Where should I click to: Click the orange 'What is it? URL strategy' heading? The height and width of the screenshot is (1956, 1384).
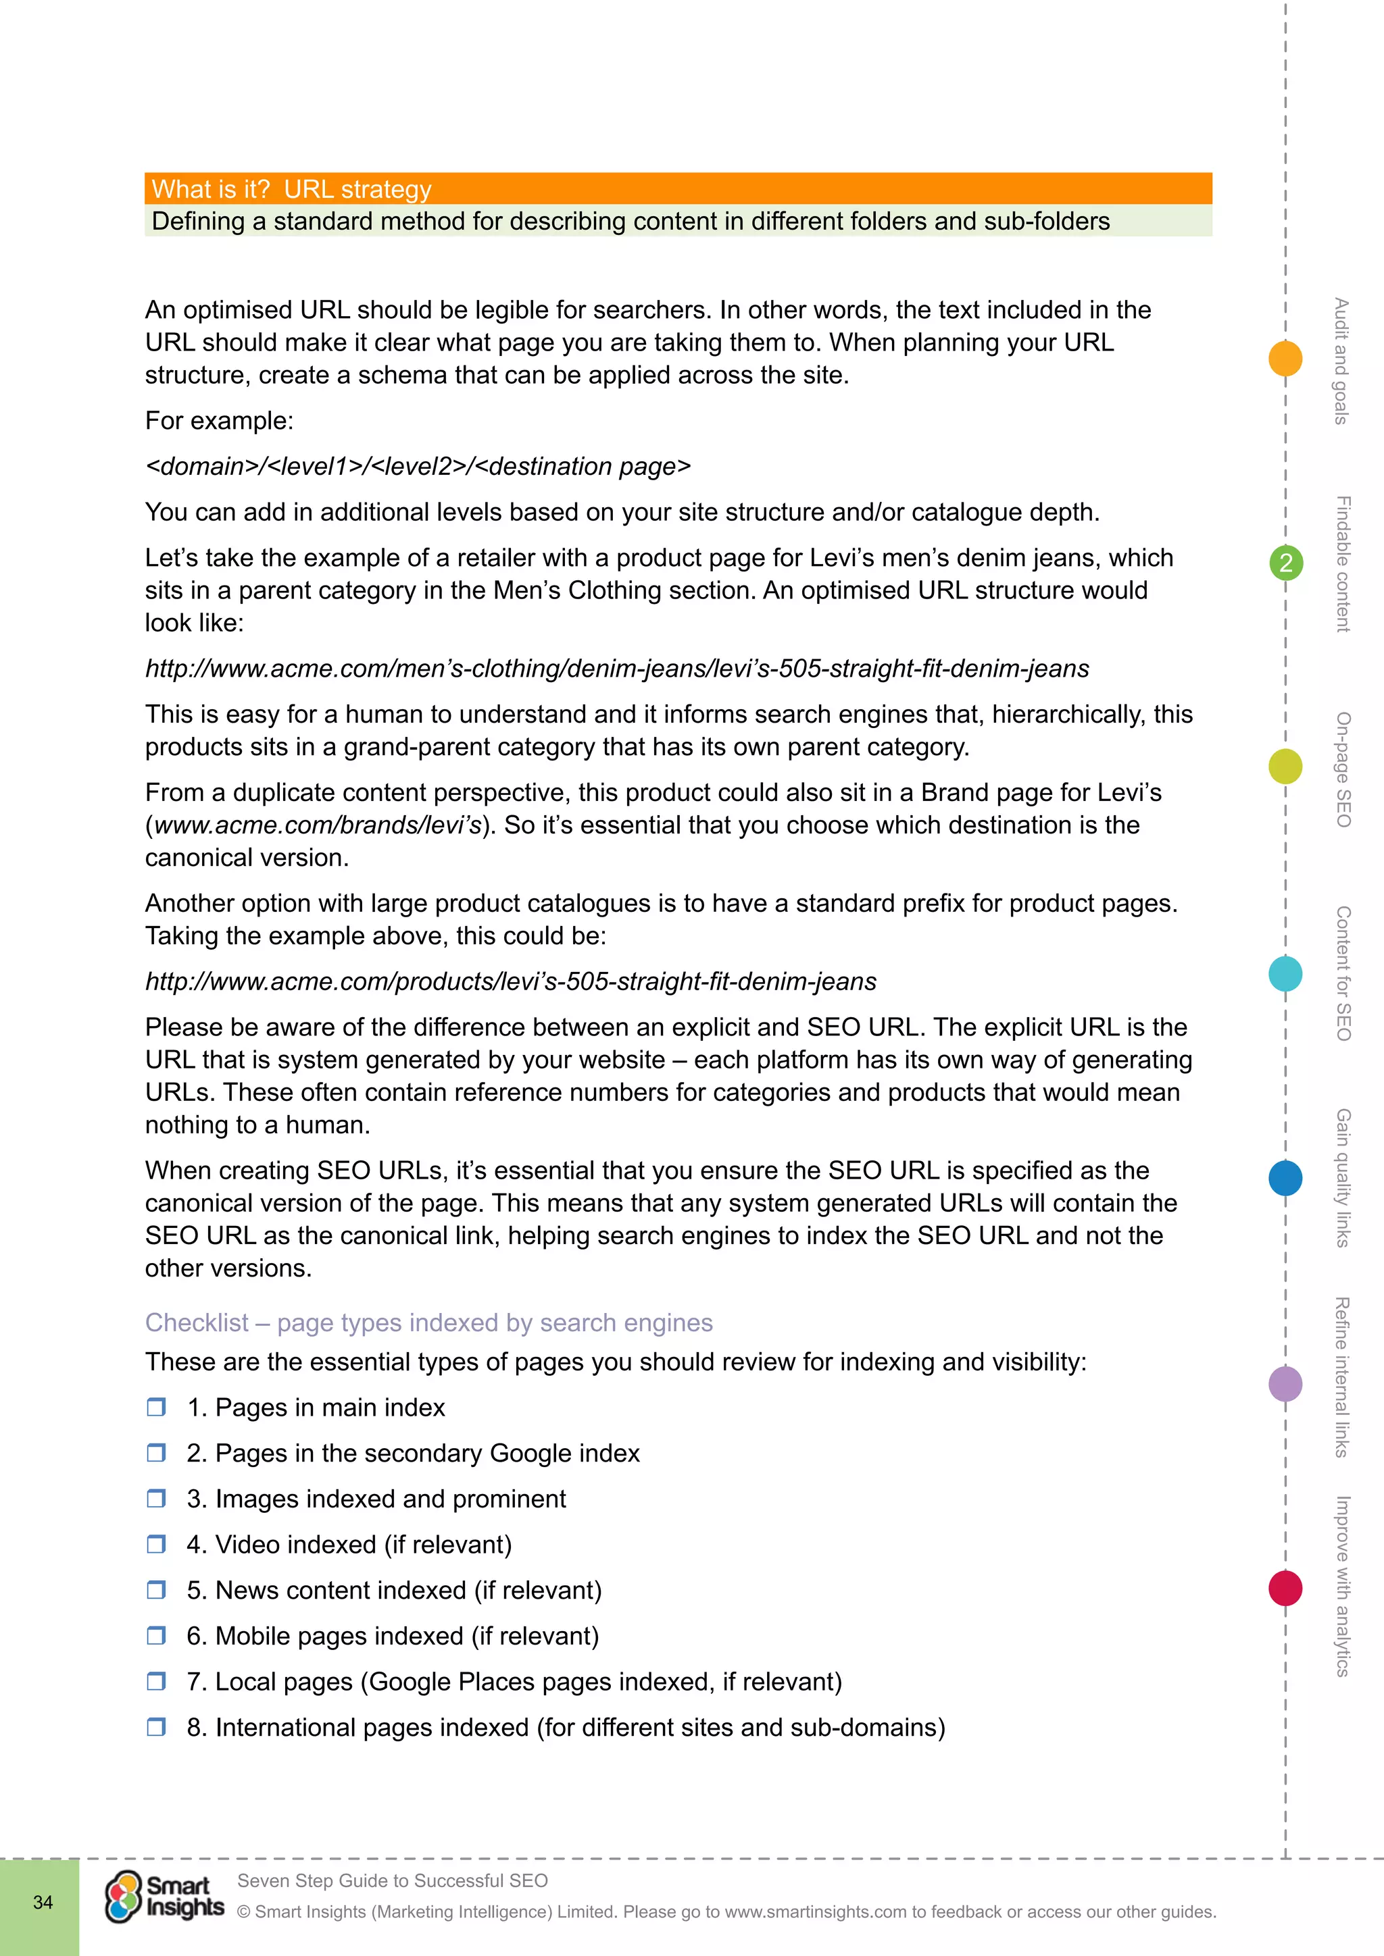pos(291,188)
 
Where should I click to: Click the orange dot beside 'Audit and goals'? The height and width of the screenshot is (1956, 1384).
pos(1285,358)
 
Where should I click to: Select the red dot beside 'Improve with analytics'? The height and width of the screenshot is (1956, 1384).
pos(1285,1588)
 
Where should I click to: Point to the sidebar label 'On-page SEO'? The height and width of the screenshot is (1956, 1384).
pos(1343,769)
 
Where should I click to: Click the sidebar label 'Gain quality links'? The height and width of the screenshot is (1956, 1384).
pos(1343,1177)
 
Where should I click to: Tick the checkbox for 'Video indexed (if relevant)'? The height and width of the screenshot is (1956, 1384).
pos(156,1544)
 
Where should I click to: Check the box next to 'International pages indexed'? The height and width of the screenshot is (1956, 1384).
pos(156,1727)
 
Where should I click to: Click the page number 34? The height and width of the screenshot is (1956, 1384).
pos(43,1903)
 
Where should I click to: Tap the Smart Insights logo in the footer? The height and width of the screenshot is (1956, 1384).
pos(164,1897)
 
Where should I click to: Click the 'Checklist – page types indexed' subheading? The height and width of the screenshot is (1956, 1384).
pos(428,1322)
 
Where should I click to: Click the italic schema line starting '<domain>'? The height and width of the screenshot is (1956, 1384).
pos(418,466)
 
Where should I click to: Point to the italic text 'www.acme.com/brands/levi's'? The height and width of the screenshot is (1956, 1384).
pos(317,825)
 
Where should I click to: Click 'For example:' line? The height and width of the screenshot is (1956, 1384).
pos(219,421)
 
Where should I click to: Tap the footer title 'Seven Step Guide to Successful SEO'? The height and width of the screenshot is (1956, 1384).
pos(392,1880)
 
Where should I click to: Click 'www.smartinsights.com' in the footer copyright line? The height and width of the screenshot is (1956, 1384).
pos(816,1911)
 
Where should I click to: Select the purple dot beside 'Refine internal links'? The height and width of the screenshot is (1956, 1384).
pos(1285,1383)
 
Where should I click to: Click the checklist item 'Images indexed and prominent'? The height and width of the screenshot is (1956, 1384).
pos(391,1499)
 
